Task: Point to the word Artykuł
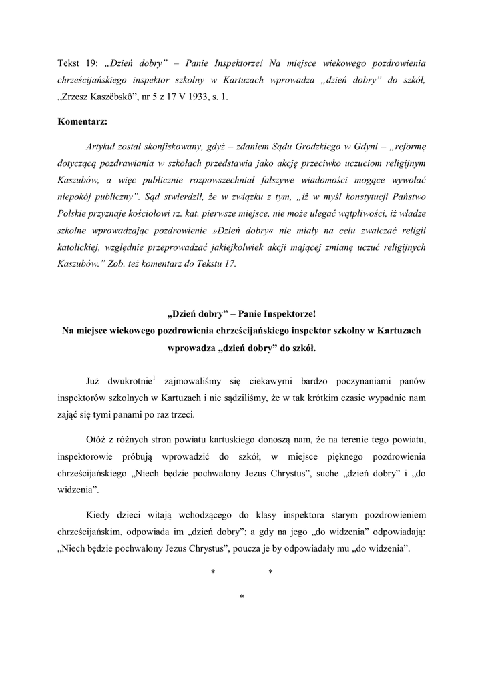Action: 102,146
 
